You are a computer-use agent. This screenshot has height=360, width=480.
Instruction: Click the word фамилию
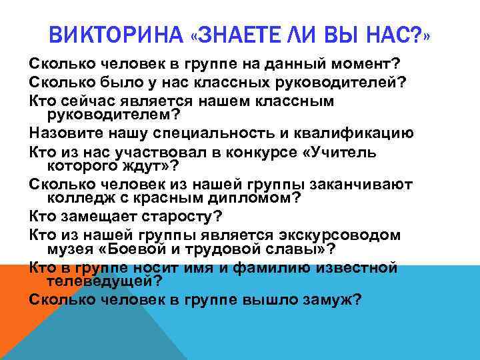click(x=283, y=267)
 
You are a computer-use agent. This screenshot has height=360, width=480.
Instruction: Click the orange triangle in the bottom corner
click(x=17, y=320)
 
